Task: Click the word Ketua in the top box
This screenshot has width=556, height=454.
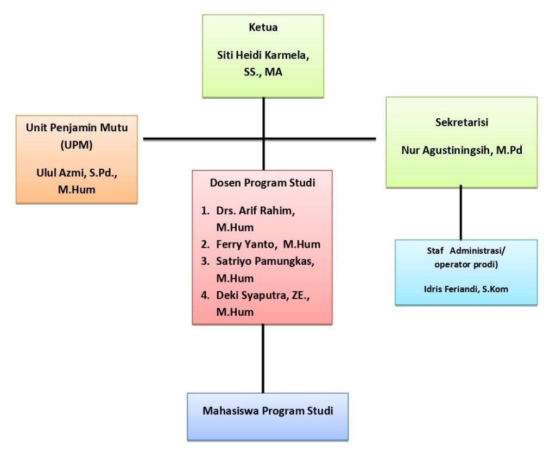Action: point(263,28)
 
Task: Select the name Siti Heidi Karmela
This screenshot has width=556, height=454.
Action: point(263,55)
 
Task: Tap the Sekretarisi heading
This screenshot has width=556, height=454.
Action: point(462,123)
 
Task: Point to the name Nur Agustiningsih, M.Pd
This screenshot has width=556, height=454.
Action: point(462,150)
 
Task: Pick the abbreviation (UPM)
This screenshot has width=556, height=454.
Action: point(77,145)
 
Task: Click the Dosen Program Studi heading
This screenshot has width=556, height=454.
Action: point(262,183)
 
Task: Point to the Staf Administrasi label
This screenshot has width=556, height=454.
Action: point(466,251)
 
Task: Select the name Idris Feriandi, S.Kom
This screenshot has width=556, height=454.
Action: point(466,289)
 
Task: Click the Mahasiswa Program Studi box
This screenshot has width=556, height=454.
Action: point(268,411)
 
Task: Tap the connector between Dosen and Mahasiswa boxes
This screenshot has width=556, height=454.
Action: point(263,359)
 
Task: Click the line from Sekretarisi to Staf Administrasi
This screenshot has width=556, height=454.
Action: point(461,213)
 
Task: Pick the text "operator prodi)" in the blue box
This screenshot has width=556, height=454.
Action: point(465,265)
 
